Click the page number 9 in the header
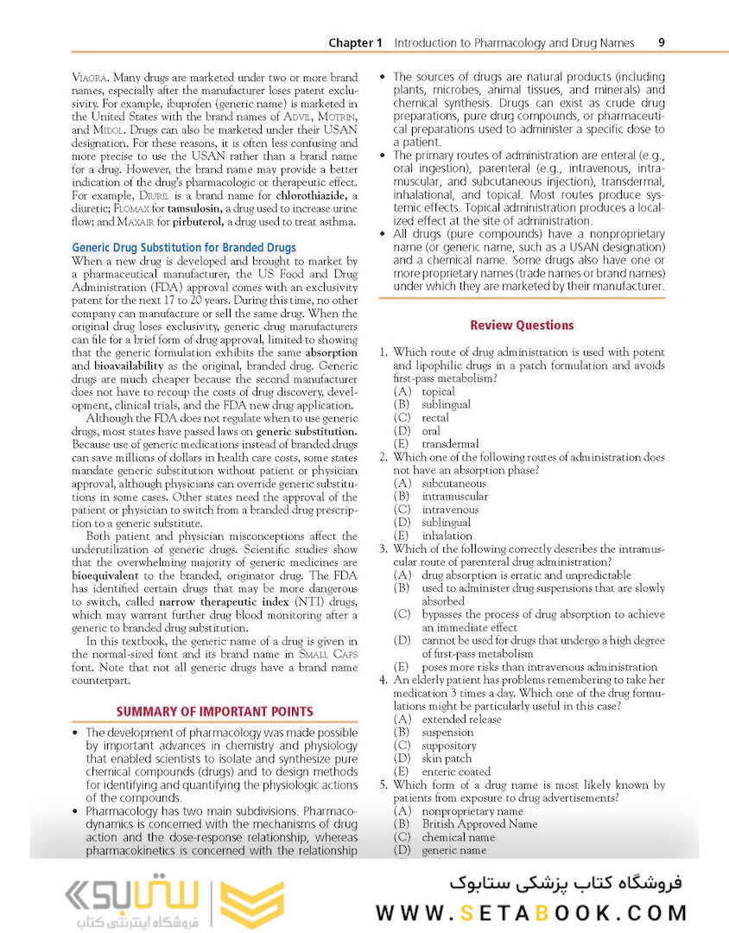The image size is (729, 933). point(661,42)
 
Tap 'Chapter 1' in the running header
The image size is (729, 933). point(355,42)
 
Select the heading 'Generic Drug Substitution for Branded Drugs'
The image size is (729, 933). point(183,247)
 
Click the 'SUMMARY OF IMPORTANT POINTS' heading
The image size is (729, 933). point(214,711)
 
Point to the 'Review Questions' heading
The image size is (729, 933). point(522,325)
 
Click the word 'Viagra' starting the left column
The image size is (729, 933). point(89,77)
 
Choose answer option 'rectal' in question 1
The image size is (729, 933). point(435,417)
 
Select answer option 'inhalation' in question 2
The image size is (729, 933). point(448,536)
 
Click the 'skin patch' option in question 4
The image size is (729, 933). point(447,758)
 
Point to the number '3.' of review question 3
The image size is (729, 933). point(384,549)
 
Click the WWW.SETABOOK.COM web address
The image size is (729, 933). point(531,912)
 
